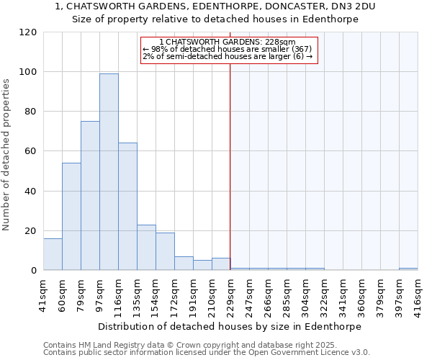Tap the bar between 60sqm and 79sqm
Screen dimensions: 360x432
71,216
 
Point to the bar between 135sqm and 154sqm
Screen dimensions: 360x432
146,248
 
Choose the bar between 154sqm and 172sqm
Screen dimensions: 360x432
165,251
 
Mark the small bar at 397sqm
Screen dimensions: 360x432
408,269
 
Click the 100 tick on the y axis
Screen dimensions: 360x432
32,72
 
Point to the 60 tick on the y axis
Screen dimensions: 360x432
32,151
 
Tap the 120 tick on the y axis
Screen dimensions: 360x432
32,32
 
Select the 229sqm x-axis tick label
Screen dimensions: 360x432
230,294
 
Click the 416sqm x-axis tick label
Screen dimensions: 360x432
418,294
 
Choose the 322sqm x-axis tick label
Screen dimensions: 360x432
324,294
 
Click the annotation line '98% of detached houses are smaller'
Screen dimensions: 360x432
228,49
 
